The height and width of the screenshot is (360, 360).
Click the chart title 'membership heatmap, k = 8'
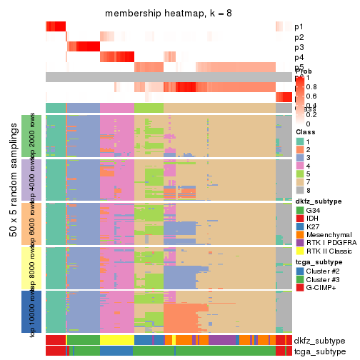click(x=169, y=14)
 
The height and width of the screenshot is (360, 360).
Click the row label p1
click(x=299, y=26)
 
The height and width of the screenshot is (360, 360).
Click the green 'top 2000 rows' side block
click(x=34, y=136)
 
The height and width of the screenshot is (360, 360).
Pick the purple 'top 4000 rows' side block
click(x=34, y=179)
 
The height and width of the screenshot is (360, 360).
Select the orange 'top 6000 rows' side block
click(x=34, y=224)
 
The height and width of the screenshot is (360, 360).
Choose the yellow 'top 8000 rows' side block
click(x=34, y=268)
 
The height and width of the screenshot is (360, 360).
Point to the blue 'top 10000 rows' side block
click(x=34, y=312)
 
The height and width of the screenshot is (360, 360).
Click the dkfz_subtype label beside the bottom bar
click(x=319, y=340)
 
